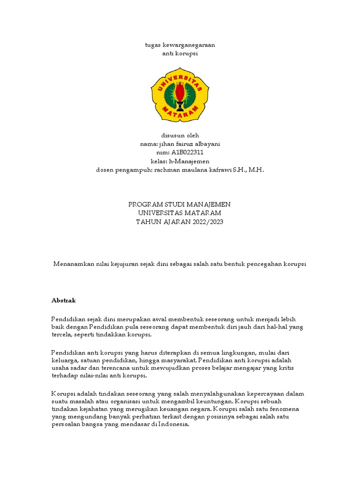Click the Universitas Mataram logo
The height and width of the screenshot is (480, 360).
[180, 95]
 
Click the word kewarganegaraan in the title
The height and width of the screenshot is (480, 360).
[188, 45]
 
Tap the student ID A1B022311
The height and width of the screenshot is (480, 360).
[187, 152]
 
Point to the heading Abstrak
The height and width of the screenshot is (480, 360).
[63, 300]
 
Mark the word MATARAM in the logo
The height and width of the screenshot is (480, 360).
[180, 111]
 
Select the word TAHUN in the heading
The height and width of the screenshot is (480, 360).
[148, 222]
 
